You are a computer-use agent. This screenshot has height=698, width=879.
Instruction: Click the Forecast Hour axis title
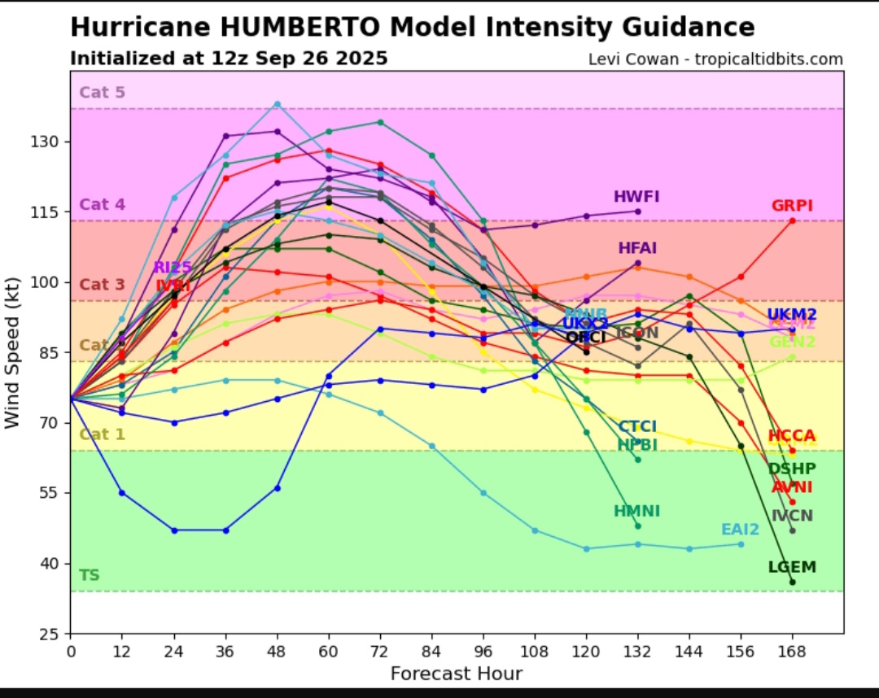[x=456, y=674]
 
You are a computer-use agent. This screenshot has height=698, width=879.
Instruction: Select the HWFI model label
[x=636, y=197]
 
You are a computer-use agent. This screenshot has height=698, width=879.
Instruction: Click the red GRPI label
[x=792, y=206]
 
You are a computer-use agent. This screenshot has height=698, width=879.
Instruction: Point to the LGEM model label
[x=792, y=567]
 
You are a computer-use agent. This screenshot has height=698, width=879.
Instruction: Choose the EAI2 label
[x=740, y=530]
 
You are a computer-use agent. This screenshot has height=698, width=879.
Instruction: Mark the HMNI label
[x=636, y=511]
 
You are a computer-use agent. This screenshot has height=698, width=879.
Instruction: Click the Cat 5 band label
[x=102, y=93]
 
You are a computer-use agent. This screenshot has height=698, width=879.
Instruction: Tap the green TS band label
[x=89, y=576]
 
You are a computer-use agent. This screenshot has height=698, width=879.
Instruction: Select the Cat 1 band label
[x=102, y=434]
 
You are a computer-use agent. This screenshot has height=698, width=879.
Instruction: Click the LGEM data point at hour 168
[x=792, y=582]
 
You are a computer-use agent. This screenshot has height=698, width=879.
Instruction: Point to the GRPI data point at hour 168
[x=792, y=220]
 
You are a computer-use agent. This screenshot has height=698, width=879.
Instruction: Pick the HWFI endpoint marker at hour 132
[x=637, y=212]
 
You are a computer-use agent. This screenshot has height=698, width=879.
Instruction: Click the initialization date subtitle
[x=229, y=59]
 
